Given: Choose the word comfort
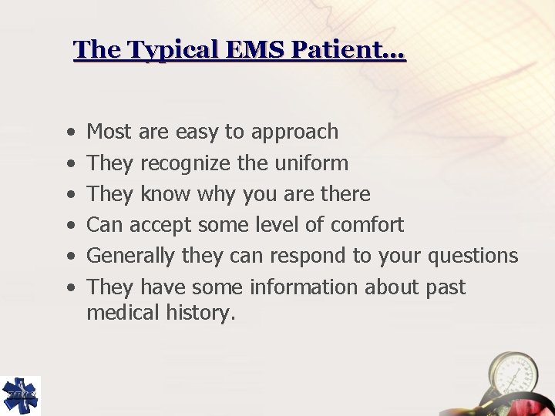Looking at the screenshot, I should point(367,225).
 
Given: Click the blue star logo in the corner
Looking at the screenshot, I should point(20,395).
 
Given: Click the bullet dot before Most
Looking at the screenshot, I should point(71,133).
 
